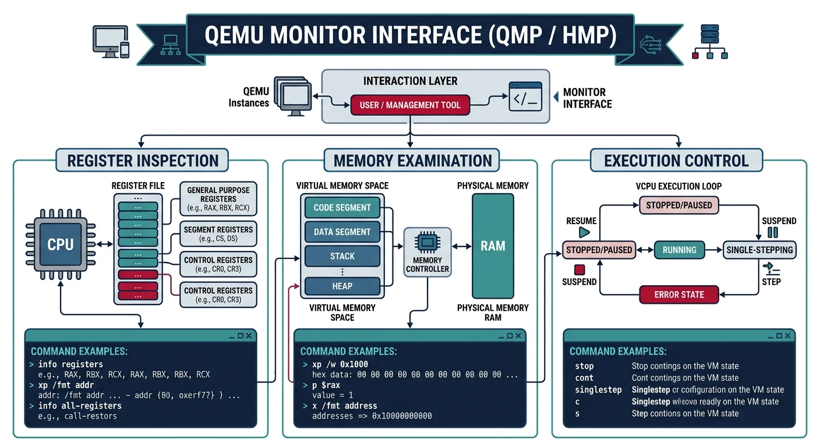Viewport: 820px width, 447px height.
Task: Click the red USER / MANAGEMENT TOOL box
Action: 410,105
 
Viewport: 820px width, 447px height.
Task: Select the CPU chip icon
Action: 60,244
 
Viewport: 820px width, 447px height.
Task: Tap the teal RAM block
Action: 493,246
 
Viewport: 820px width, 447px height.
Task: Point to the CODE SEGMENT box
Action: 342,208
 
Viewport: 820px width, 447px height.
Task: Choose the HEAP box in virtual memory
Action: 342,286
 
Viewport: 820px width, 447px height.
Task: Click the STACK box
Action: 342,256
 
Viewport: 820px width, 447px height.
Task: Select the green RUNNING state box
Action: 679,250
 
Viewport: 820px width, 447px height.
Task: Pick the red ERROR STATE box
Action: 678,295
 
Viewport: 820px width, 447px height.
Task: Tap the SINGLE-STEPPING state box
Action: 759,250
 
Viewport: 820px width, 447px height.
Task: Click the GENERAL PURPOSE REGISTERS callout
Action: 218,199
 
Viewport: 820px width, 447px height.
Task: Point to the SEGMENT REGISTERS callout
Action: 218,234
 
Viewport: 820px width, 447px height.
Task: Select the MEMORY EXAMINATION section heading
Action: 412,161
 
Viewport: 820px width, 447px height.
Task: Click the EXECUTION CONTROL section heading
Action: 676,161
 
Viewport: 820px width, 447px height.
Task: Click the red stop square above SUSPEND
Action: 579,269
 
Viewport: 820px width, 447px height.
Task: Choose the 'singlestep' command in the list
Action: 598,389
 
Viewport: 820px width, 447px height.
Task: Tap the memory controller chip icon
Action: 427,243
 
